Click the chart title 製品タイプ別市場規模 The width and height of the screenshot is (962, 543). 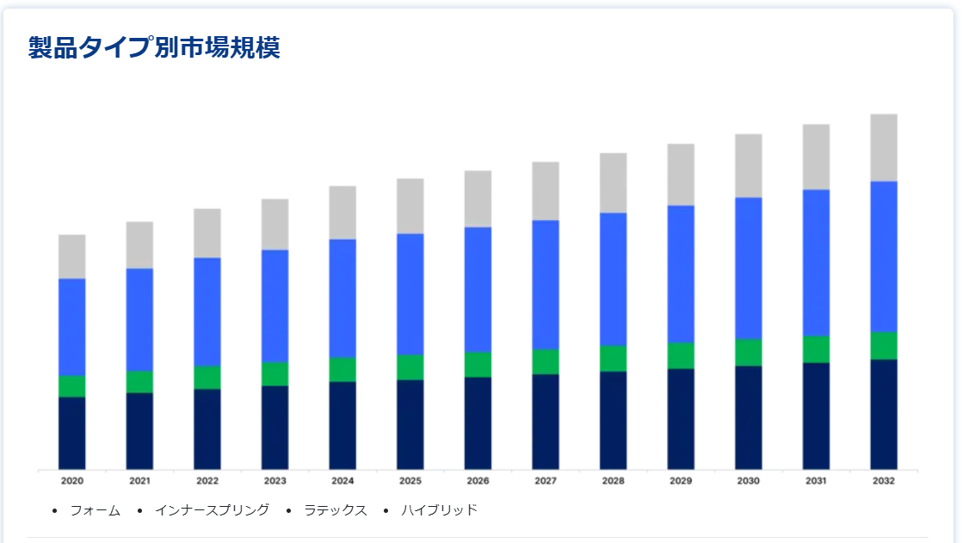point(154,48)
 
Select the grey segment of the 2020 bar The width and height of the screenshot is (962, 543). point(72,256)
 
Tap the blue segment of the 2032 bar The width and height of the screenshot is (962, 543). point(884,256)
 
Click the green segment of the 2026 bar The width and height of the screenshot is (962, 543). point(478,364)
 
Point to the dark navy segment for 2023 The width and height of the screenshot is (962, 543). point(275,428)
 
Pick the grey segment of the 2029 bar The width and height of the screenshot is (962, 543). point(681,175)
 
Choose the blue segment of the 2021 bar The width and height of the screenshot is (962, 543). point(139,319)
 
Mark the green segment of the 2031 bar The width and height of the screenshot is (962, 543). point(817,349)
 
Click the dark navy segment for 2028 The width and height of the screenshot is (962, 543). point(614,420)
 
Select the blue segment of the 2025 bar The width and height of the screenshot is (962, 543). point(410,294)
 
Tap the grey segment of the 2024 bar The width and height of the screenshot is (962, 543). point(342,213)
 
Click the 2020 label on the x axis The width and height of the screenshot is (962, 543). point(72,481)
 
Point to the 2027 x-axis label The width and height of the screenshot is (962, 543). point(546,481)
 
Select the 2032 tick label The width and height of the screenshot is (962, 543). point(884,481)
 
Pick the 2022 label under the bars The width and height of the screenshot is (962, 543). point(207,481)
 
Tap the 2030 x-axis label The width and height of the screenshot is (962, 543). point(749,481)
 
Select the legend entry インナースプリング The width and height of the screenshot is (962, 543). point(212,510)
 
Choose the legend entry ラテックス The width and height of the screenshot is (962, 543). point(336,510)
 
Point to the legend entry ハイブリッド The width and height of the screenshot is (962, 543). point(439,510)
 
